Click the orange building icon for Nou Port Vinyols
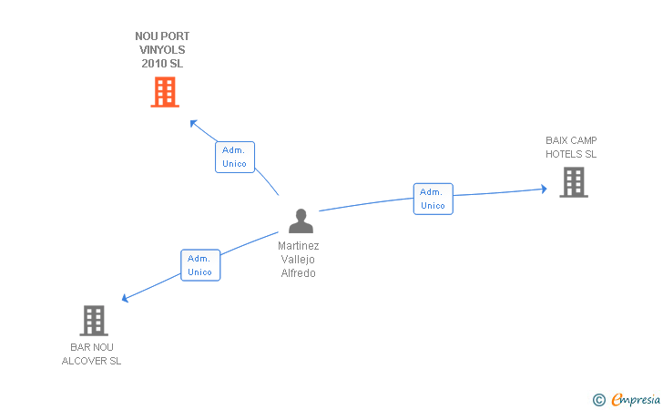pos(165,92)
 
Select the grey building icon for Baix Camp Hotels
pos(574,182)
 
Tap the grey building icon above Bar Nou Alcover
pos(94,321)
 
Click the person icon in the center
pos(301,220)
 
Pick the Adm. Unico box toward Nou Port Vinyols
pos(235,157)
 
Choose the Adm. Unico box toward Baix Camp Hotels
pos(433,199)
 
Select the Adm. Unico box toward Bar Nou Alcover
pos(200,265)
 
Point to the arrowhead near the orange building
pos(193,124)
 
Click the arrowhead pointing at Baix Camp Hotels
pos(544,189)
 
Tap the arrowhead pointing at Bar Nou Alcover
pos(125,298)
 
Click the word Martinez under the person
pos(298,246)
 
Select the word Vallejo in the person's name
pos(298,260)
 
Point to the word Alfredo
pos(298,273)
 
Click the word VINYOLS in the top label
pos(162,50)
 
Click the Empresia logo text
pos(636,399)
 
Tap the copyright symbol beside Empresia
pos(599,400)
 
